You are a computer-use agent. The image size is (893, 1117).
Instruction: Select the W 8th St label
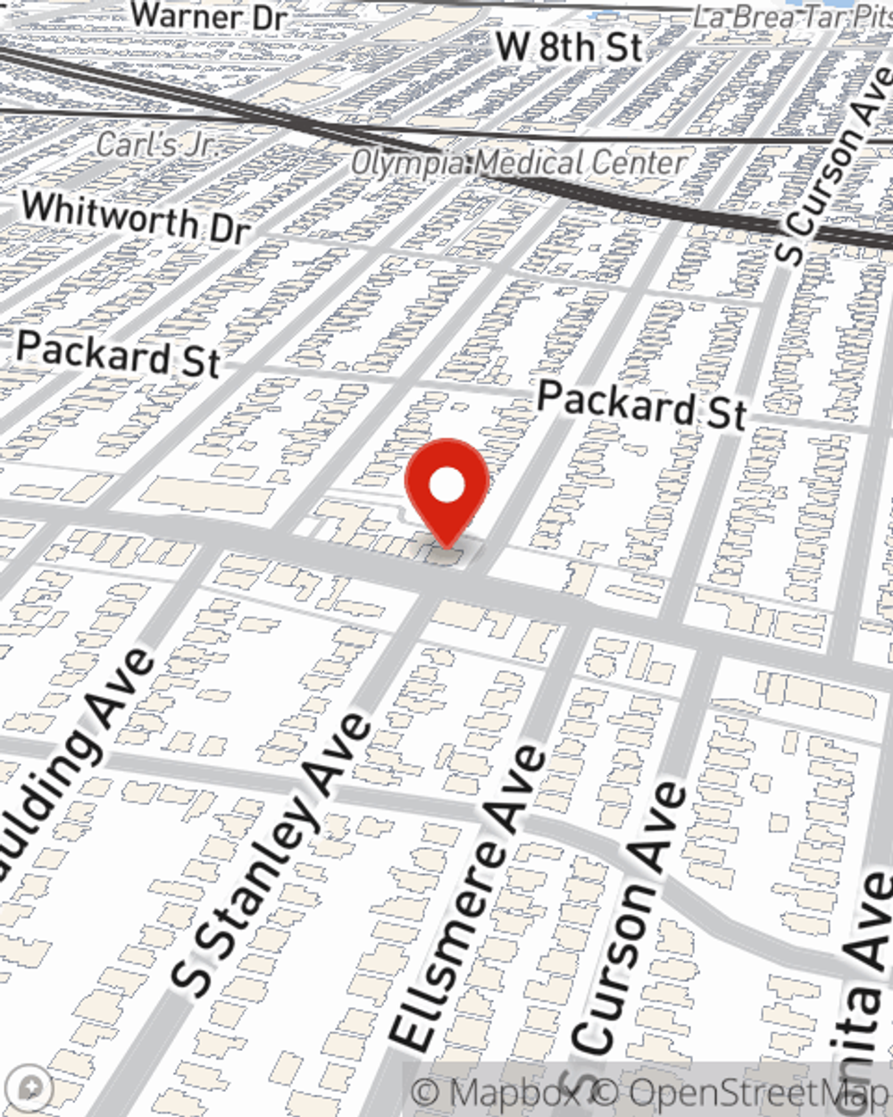(x=569, y=46)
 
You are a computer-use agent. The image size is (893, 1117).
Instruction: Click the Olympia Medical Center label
(x=519, y=164)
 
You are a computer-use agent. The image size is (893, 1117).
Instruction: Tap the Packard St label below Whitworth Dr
(x=118, y=353)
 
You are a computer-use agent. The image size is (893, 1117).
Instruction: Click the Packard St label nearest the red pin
(x=641, y=405)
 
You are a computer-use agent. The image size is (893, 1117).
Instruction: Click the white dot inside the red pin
(x=446, y=487)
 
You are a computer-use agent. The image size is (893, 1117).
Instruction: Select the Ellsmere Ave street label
(x=469, y=898)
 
